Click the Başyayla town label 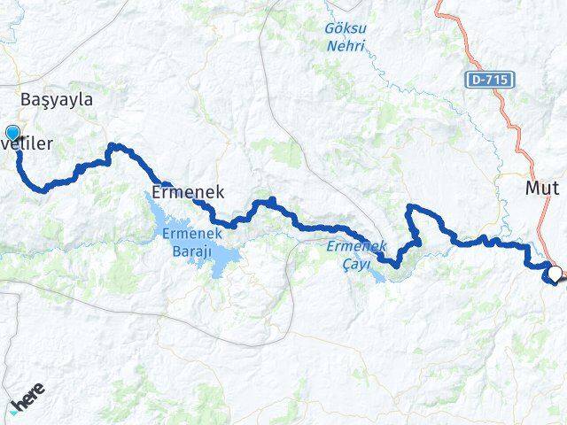tap(56, 100)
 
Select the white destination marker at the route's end tap(555, 274)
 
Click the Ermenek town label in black tap(188, 191)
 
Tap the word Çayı tap(356, 264)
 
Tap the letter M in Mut tap(532, 188)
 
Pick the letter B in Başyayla tap(26, 100)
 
